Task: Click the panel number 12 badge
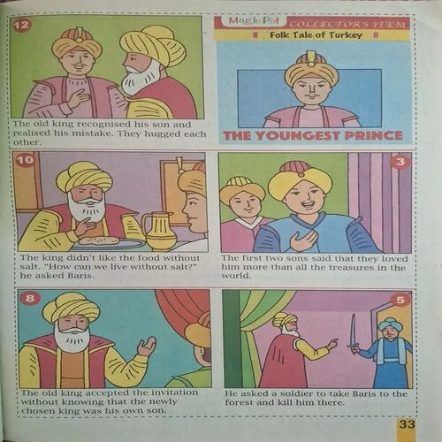tap(22, 25)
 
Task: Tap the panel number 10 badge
tap(25, 160)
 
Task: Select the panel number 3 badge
tap(400, 162)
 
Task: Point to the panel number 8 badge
tap(30, 299)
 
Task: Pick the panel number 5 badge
tap(400, 300)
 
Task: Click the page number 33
tap(407, 424)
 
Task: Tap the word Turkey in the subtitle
tap(346, 35)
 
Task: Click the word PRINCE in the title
tap(373, 135)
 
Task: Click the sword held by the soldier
tap(352, 332)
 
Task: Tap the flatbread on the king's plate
tap(100, 240)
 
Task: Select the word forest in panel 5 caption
tap(239, 402)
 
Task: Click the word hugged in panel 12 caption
tap(163, 133)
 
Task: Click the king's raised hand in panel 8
tap(147, 346)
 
